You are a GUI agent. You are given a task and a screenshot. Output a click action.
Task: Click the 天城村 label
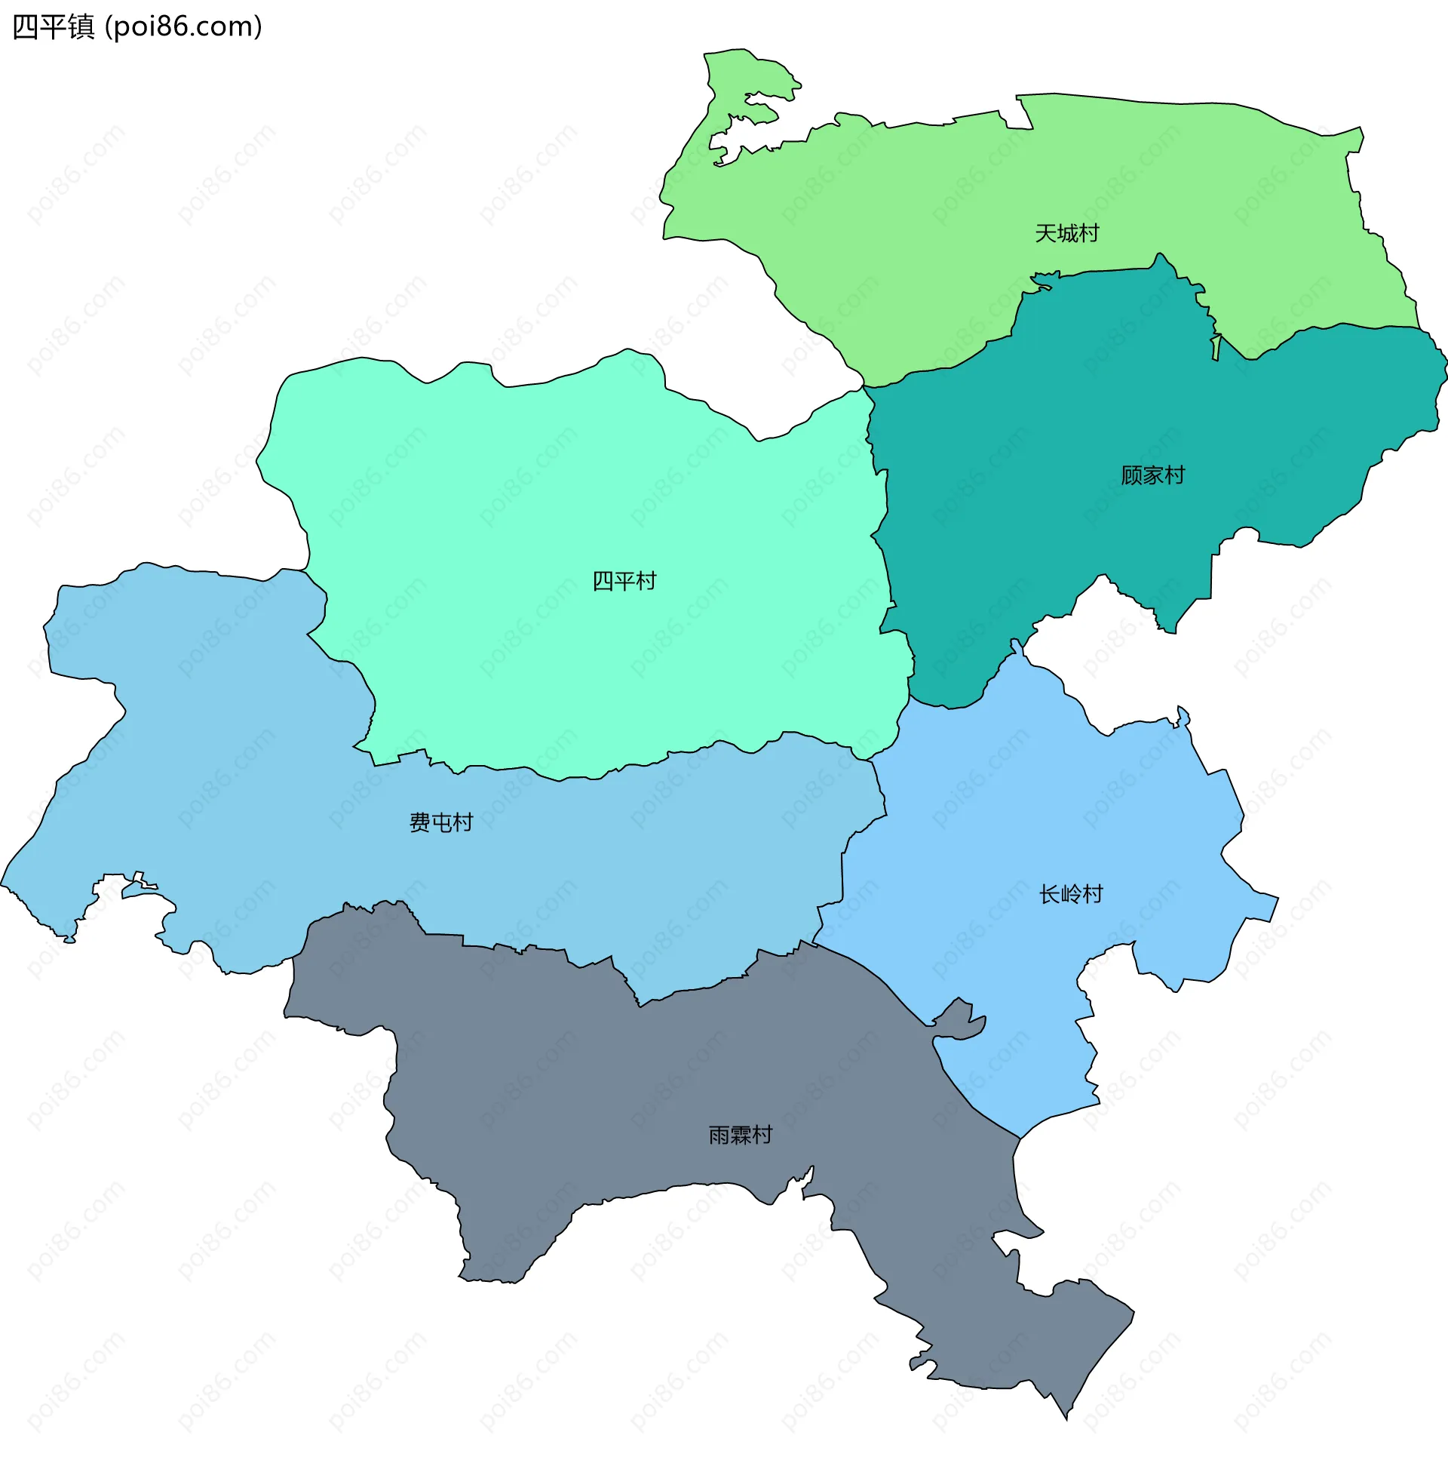coord(1066,233)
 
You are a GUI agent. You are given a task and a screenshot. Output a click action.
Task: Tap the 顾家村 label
coord(1152,475)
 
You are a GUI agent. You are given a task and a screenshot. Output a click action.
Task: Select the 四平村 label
coord(624,581)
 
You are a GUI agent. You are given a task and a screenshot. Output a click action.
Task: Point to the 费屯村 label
coord(441,822)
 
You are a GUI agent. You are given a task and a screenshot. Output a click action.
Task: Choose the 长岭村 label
coord(1070,894)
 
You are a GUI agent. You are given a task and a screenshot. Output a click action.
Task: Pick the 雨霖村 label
coord(741,1135)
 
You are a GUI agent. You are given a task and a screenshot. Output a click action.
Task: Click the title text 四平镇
coord(54,26)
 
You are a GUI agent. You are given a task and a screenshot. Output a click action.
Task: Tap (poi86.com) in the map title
coord(183,26)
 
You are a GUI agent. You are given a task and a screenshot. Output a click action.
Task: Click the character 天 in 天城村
coord(1045,233)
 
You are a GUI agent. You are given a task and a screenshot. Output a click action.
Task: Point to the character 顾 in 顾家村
coord(1131,475)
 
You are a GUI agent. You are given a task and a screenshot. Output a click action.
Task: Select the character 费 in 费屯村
coord(419,822)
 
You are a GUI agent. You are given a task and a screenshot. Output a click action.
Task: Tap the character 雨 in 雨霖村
coord(719,1135)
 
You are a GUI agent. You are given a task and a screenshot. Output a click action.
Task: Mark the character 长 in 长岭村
coord(1049,894)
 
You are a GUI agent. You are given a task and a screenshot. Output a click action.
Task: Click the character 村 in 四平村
coord(646,581)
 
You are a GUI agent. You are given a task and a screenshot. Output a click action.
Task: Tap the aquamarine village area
coord(532,532)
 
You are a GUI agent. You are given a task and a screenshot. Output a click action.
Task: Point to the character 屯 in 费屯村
coord(441,822)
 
